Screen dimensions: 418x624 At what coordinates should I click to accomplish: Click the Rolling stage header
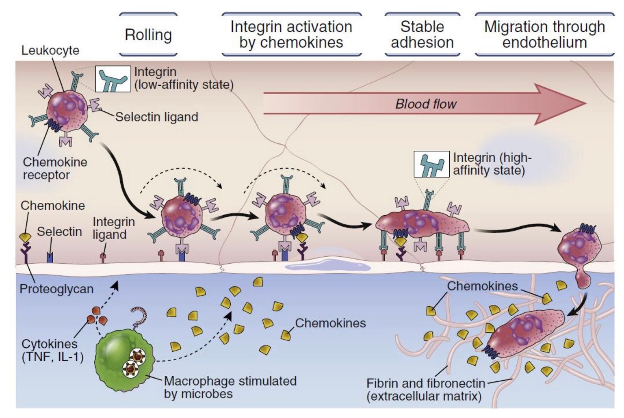148,35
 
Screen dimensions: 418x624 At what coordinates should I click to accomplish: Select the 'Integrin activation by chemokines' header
291,35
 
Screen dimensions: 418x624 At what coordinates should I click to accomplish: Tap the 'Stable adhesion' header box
422,35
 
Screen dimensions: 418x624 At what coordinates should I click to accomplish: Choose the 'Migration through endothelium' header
544,35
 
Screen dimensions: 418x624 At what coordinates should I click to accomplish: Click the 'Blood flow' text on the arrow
426,104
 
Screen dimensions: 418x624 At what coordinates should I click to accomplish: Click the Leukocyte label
50,50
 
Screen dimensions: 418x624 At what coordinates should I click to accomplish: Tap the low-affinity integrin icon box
113,79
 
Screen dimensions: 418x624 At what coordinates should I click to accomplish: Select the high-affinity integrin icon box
431,164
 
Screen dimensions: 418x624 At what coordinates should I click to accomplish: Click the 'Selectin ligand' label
157,117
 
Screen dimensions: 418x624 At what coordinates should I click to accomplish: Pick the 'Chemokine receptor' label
55,169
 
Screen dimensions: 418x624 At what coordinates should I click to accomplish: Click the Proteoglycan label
56,289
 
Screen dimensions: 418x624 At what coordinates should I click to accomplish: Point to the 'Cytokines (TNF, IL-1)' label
52,350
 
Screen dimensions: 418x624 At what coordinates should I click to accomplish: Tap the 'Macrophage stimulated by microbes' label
230,387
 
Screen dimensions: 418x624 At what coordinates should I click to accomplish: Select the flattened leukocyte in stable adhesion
422,223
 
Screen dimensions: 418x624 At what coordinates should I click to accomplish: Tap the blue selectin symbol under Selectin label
50,257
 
